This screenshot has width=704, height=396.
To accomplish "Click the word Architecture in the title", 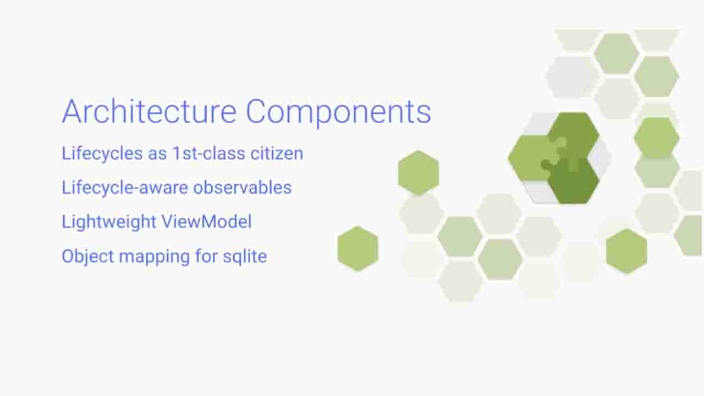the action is click(149, 112).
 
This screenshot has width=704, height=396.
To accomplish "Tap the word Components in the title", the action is click(338, 113).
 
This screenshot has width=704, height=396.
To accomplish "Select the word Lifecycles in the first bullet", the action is click(102, 153).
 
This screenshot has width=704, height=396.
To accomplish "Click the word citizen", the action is click(277, 153).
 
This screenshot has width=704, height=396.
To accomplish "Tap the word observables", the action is click(243, 188).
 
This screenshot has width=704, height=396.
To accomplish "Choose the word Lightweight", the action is click(109, 222).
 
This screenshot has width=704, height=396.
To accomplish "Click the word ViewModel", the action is click(206, 221).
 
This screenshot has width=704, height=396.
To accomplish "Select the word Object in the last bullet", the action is click(87, 256).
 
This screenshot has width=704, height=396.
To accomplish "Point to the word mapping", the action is click(155, 257).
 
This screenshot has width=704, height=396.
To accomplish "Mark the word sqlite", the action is click(245, 256).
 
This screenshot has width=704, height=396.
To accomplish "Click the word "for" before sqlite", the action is click(206, 256).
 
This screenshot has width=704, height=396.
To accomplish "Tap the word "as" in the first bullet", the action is click(157, 155).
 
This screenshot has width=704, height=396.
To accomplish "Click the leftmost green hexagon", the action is click(358, 248).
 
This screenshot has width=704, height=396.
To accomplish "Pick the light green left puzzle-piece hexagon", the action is click(531, 158).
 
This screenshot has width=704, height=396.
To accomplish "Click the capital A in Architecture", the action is click(73, 112).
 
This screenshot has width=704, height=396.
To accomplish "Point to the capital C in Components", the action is click(255, 112).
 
